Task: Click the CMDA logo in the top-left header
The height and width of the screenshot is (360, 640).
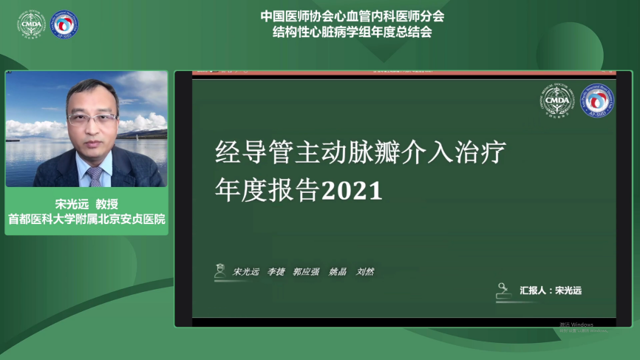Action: (x=32, y=24)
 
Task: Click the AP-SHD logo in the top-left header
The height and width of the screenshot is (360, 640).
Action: (x=64, y=24)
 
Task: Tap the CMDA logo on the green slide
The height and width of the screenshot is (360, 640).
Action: (x=555, y=100)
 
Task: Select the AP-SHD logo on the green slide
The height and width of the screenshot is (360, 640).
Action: (x=596, y=100)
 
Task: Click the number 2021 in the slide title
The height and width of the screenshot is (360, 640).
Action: (x=353, y=191)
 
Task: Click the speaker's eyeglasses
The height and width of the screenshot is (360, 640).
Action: (x=92, y=118)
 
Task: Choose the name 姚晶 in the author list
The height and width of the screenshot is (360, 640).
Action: (x=337, y=272)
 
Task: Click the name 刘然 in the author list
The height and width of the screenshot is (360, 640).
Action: (x=365, y=272)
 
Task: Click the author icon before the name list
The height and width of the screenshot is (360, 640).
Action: (x=219, y=271)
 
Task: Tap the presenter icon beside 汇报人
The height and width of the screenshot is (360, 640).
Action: (x=504, y=291)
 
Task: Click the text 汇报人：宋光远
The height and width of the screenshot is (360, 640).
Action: (x=551, y=291)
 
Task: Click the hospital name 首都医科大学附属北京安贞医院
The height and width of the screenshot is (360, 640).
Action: (x=86, y=220)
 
